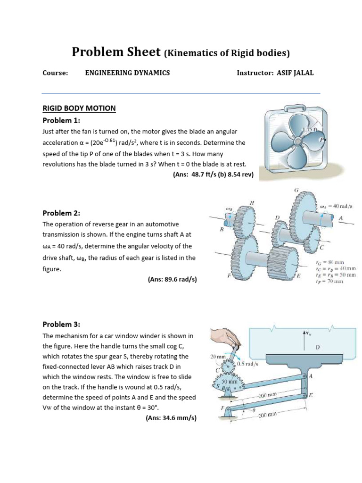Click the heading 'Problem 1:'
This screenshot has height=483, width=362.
click(x=61, y=120)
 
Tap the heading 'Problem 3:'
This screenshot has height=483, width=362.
click(x=61, y=324)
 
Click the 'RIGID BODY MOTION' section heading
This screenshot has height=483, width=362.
click(x=79, y=108)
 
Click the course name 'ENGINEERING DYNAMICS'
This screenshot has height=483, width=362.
click(x=127, y=73)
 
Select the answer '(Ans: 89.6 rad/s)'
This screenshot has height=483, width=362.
click(x=172, y=279)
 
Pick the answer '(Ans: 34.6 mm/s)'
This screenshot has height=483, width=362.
click(x=172, y=418)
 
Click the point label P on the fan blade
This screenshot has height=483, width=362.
click(x=322, y=140)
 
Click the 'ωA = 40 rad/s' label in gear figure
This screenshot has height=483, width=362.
click(x=337, y=206)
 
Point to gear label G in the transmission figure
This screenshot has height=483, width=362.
click(x=296, y=190)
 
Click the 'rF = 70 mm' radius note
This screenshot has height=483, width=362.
click(x=329, y=282)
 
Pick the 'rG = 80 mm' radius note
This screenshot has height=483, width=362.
click(x=329, y=262)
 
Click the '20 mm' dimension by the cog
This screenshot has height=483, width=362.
click(x=218, y=357)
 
